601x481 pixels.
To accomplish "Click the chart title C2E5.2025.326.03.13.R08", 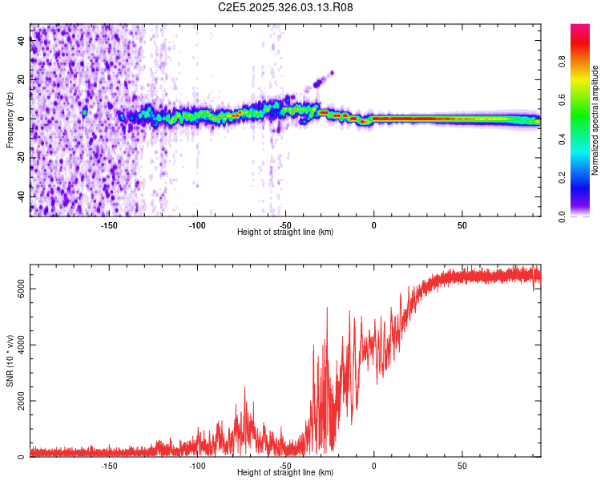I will pos(285,8).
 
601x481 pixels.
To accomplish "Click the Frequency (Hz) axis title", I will pos(10,120).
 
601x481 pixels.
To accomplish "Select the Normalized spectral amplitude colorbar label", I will pos(595,120).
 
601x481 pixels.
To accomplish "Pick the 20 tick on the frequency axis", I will pos(21,80).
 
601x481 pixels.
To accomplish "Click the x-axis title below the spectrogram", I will pos(285,232).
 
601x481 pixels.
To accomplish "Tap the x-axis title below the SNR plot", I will pos(285,473).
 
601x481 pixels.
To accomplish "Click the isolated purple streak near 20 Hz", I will pos(323,78).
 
